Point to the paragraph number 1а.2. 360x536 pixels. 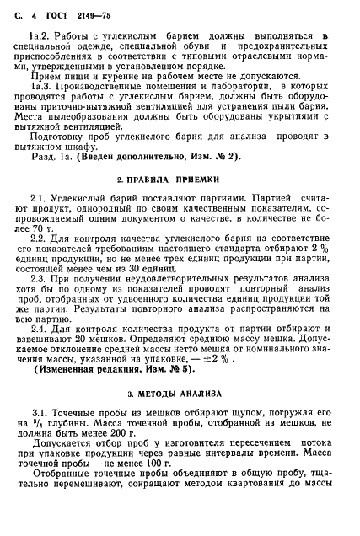coord(39,36)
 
